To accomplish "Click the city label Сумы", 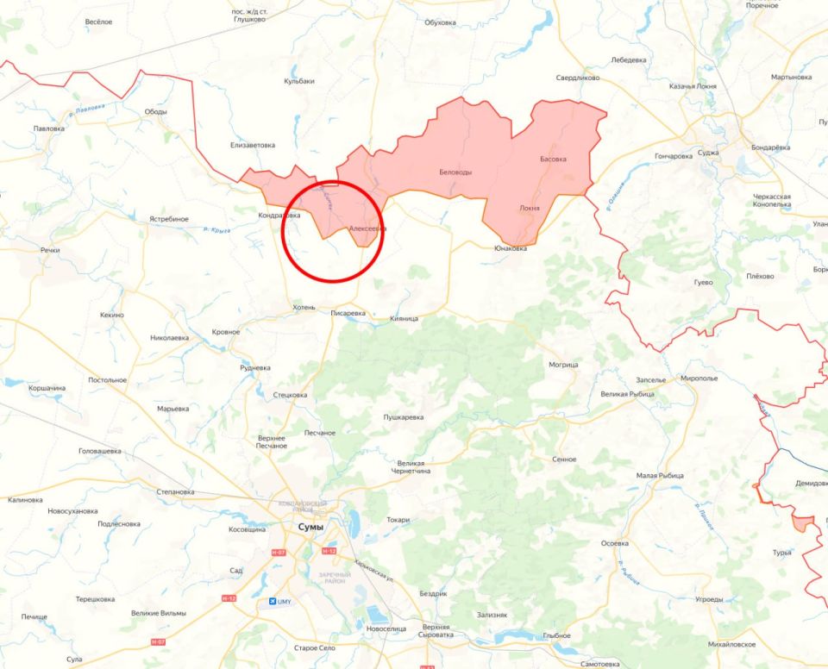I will coord(310,526).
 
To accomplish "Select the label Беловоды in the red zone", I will coord(455,172).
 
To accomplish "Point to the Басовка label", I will coord(553,159).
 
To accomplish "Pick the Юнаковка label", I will coord(511,248).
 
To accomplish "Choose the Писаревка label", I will coord(348,313).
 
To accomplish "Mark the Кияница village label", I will coord(404,318).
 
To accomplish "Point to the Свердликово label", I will coord(578,78).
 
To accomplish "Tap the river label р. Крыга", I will coord(217,229).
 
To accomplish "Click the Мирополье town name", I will coord(699,378).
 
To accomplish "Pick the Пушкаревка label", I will coord(404,417).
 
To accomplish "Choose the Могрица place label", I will coord(563,365).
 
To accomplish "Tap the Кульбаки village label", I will coord(299,81).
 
